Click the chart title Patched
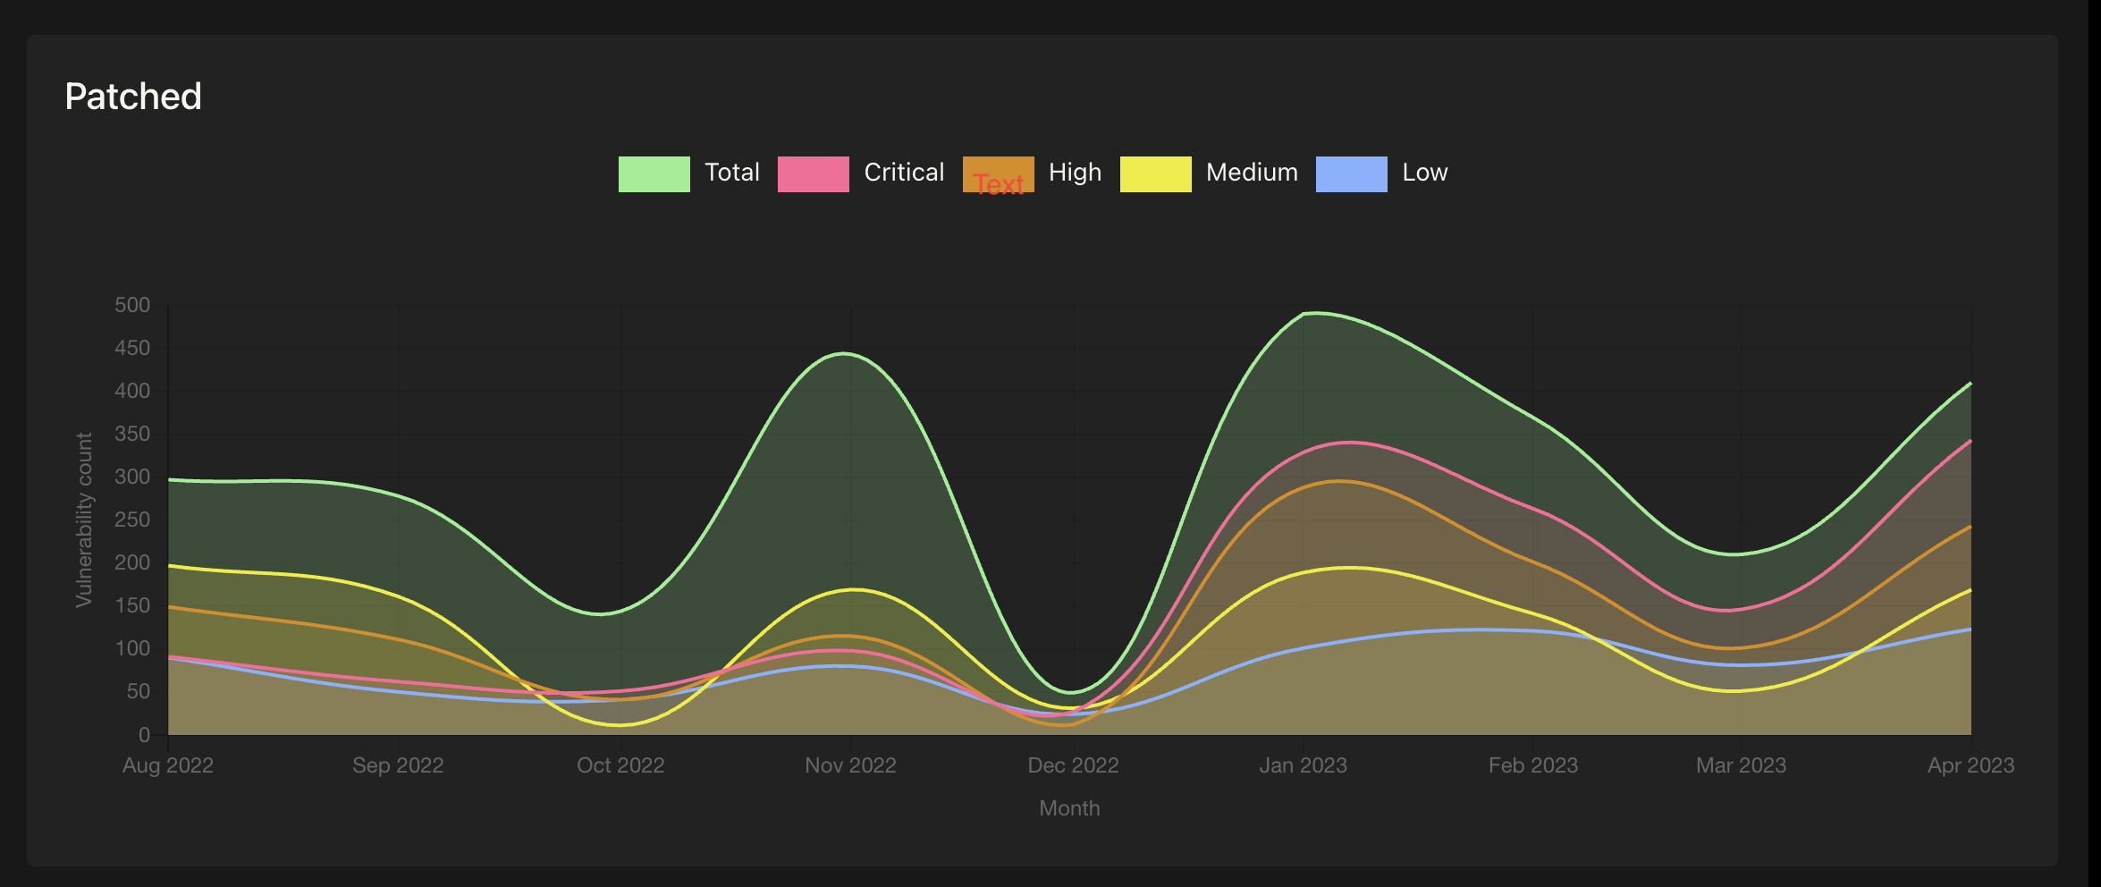(133, 97)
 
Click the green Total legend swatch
(654, 173)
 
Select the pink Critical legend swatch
(813, 173)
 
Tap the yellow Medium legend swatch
(1155, 173)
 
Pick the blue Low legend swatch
(1351, 173)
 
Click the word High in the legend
(1075, 173)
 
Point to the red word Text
(999, 184)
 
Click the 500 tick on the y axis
(132, 305)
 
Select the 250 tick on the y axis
(132, 520)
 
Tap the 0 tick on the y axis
(144, 735)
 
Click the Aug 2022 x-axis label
(168, 765)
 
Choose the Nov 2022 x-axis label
(850, 765)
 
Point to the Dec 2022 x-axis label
(1073, 765)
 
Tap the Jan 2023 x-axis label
(1303, 765)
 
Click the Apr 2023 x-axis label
(1970, 765)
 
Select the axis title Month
(1069, 808)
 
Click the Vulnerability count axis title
(84, 520)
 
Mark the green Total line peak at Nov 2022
(844, 353)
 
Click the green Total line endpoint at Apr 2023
(1970, 383)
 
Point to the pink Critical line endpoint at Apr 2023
(1970, 441)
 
